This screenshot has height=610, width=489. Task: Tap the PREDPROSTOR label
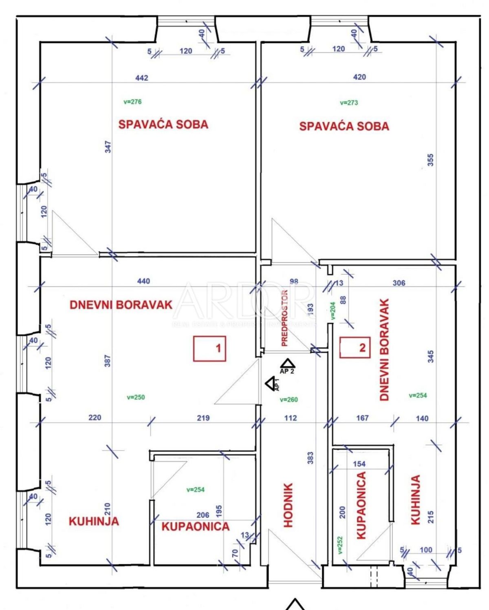point(284,318)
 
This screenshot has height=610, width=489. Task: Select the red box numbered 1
point(209,348)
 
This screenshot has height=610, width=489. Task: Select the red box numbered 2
point(355,348)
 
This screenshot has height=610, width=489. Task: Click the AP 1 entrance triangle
point(270,384)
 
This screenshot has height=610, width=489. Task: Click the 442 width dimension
point(142,78)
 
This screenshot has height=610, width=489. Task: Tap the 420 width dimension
point(359,77)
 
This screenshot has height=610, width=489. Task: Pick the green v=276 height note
point(132,102)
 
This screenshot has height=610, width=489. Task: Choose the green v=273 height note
point(349,102)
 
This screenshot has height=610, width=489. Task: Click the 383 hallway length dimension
point(311,457)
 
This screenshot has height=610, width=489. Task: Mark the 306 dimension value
point(399,283)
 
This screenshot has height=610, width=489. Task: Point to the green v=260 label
point(289,399)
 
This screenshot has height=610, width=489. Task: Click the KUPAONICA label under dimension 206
point(195,526)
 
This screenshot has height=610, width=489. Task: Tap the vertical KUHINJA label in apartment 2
point(415,499)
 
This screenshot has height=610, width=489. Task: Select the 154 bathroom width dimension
point(359,464)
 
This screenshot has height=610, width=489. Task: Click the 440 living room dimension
point(143,281)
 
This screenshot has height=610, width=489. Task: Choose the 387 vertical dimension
point(108,361)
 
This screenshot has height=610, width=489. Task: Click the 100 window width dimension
point(425,550)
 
